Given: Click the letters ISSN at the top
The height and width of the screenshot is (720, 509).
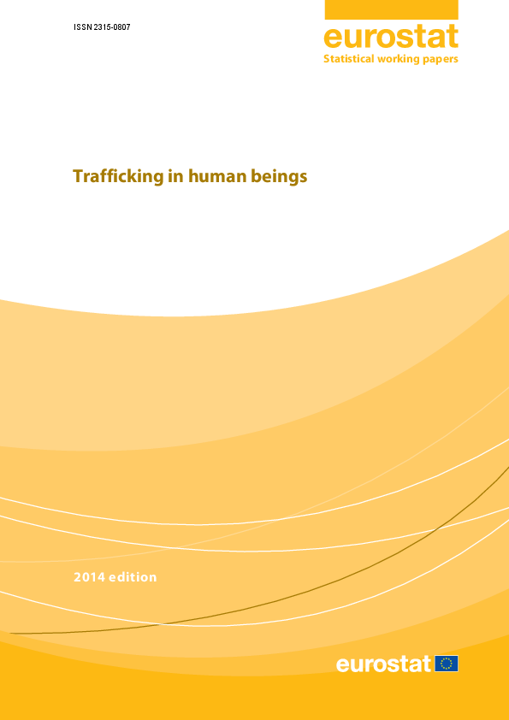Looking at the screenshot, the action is tap(81, 27).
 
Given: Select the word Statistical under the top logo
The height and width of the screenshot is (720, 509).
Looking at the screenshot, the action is tap(348, 59).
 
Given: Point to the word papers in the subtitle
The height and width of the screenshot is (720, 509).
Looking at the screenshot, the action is tap(438, 60).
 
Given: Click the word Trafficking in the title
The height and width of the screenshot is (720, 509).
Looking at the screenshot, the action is tap(119, 177).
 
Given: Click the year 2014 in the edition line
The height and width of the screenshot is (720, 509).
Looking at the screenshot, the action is tap(89, 577).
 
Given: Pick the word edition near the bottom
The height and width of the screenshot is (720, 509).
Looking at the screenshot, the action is tap(133, 577).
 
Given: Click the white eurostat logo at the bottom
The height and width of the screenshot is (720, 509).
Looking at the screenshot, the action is tap(383, 664).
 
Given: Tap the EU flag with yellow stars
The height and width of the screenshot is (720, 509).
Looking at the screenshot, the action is tap(447, 664).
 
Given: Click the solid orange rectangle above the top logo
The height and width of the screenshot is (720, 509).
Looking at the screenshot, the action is tap(392, 9).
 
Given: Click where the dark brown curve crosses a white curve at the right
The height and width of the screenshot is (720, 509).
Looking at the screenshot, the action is tap(435, 530).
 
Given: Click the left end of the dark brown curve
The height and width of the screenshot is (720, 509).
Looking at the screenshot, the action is tap(10, 634).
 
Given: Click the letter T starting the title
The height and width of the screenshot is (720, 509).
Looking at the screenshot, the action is tap(78, 176).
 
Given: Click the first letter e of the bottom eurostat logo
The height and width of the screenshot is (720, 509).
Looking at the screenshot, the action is tap(343, 665).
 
